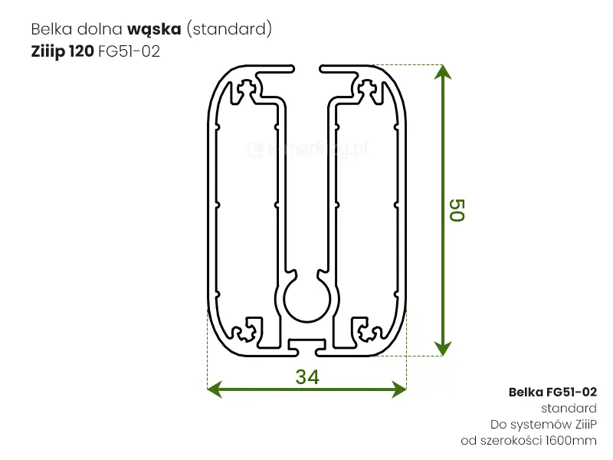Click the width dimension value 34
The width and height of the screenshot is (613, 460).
click(306, 376)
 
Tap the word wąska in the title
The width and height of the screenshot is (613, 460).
click(154, 30)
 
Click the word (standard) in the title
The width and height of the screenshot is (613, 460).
click(229, 30)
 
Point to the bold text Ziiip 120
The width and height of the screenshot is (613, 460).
click(57, 52)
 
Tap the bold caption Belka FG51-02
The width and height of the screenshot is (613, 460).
click(552, 392)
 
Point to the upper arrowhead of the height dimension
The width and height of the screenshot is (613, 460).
click(442, 72)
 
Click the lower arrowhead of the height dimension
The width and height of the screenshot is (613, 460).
click(442, 349)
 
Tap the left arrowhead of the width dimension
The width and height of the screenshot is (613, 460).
click(215, 389)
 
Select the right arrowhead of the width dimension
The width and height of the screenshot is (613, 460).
click(398, 389)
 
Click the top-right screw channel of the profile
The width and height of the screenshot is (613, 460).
click(368, 90)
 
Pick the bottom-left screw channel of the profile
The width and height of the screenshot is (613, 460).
click(246, 330)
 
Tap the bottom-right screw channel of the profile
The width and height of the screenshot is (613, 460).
click(368, 330)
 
